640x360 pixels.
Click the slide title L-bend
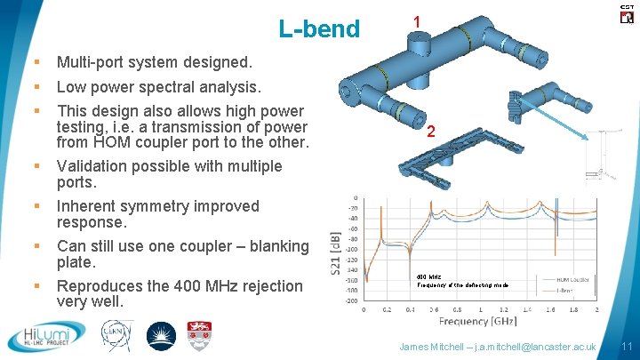point(319,29)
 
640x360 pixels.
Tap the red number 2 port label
point(430,132)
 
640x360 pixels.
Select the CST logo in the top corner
point(626,12)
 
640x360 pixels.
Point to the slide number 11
point(625,345)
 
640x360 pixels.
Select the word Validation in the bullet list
point(92,166)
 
